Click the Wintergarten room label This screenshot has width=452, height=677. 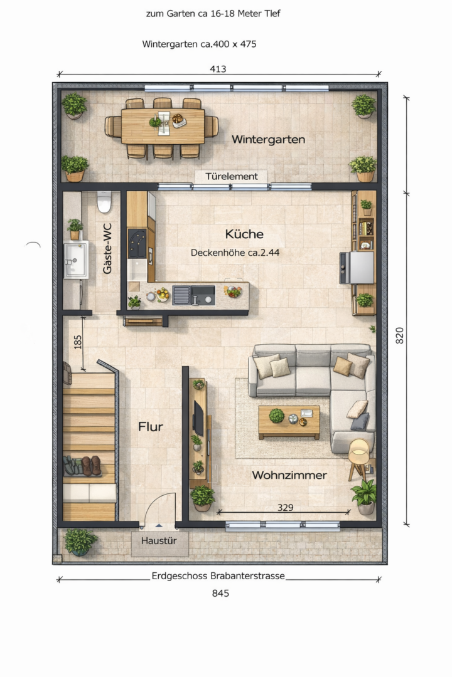(268, 139)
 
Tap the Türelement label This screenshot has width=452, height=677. (232, 176)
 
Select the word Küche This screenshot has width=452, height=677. (244, 234)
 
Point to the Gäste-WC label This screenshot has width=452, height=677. (107, 248)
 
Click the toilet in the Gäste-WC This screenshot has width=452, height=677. (104, 202)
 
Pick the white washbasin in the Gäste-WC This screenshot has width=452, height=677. (76, 260)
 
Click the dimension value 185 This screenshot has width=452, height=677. (77, 342)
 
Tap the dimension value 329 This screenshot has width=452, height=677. (285, 507)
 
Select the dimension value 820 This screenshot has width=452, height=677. (400, 335)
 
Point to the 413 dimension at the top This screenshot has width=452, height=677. (218, 69)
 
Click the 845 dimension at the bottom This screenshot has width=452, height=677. (220, 593)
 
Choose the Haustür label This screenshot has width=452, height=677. (159, 540)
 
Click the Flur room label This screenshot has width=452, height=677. (151, 427)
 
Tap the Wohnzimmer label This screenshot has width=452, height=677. (289, 475)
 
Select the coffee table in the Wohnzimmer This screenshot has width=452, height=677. (289, 422)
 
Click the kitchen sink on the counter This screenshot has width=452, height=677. (194, 295)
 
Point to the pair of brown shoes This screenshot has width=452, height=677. (91, 466)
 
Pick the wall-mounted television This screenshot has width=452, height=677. (198, 418)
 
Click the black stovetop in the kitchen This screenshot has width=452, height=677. (137, 243)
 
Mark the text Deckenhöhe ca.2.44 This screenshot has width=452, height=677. (235, 253)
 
